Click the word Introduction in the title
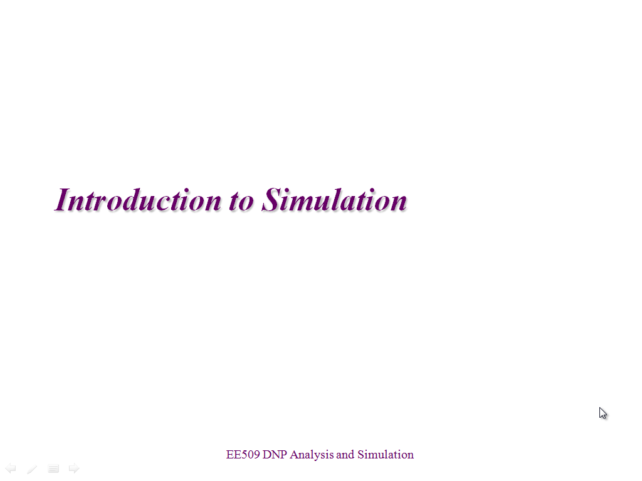click(138, 200)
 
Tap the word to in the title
click(241, 201)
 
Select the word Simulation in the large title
click(334, 200)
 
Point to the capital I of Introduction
click(62, 200)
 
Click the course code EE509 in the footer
click(243, 455)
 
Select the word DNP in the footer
click(275, 455)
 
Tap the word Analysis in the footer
click(312, 455)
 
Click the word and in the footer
click(345, 455)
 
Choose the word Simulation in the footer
click(386, 455)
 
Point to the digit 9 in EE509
click(256, 455)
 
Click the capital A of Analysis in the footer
click(294, 455)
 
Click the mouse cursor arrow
click(603, 413)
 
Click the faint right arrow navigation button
click(74, 468)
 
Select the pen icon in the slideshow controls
click(32, 468)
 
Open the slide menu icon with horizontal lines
click(53, 468)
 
